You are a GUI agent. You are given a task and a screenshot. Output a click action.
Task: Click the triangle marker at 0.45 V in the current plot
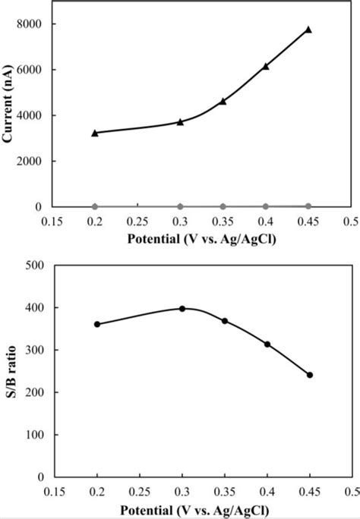click(308, 30)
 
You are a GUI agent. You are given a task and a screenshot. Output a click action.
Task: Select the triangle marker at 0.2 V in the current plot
click(95, 133)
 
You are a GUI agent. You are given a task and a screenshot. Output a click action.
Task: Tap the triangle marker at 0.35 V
click(223, 101)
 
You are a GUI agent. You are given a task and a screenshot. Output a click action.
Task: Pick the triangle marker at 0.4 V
click(266, 66)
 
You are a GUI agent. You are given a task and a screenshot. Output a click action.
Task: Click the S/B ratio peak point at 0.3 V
click(182, 309)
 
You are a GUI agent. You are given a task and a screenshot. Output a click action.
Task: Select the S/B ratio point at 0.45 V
click(310, 375)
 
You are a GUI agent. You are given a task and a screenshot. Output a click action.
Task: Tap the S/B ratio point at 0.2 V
click(97, 324)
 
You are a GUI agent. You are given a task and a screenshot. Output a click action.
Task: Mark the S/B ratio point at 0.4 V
click(267, 344)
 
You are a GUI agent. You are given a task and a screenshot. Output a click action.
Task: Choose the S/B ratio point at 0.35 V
click(225, 321)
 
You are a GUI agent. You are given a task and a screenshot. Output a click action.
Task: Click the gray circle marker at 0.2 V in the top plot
click(95, 206)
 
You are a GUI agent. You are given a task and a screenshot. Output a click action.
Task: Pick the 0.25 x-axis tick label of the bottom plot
click(140, 492)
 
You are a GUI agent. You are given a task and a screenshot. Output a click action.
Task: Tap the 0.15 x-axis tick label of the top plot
click(52, 222)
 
